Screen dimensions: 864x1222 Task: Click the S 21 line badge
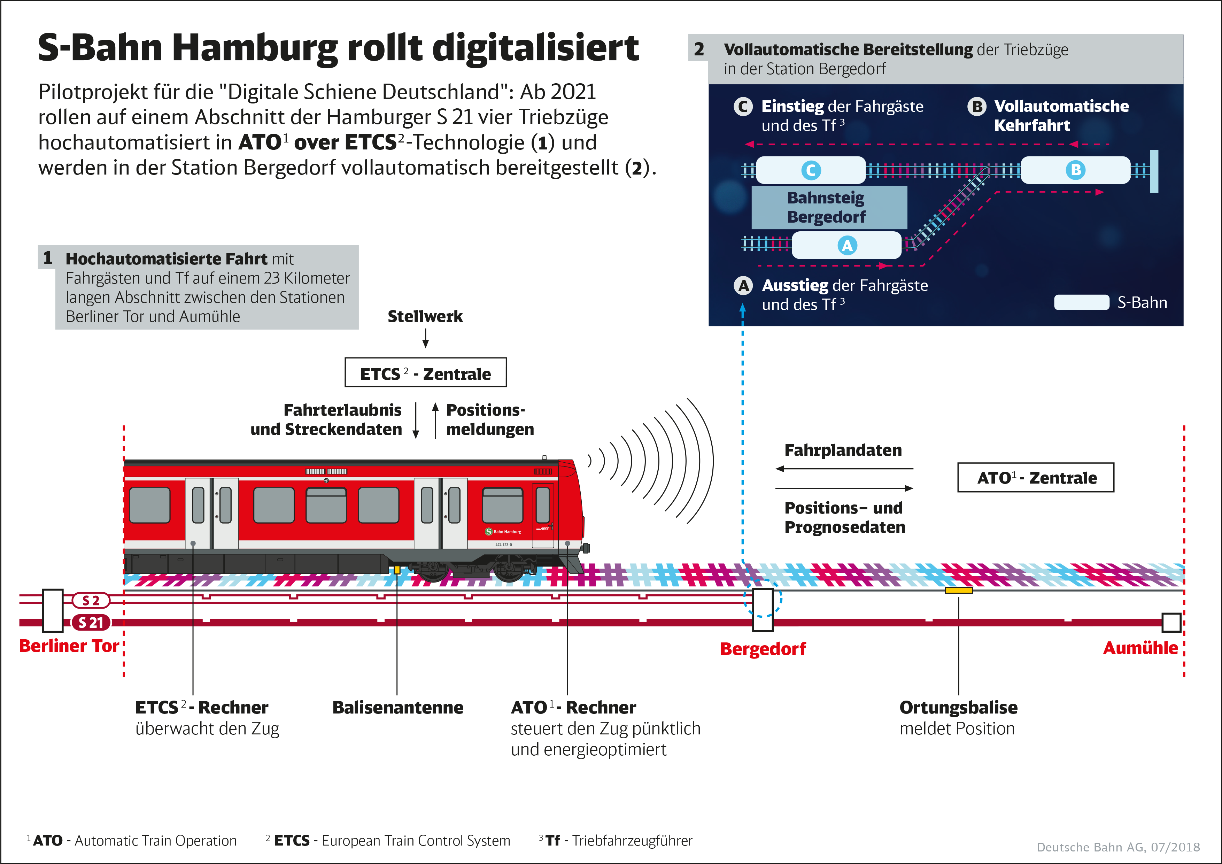(91, 622)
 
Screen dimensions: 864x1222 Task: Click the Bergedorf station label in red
(763, 649)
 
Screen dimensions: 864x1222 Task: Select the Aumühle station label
(1140, 648)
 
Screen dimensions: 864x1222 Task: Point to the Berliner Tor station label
(69, 646)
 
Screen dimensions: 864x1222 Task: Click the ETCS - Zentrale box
(425, 373)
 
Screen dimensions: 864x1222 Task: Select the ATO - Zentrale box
(1035, 478)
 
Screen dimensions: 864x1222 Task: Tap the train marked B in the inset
(1075, 170)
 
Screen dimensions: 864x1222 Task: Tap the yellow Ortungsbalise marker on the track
(959, 591)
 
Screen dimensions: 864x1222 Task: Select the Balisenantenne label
(397, 708)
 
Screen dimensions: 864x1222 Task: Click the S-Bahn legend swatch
(1082, 302)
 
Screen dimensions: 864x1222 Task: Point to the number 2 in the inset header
(698, 49)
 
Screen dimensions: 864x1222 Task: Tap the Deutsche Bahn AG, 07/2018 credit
(1118, 847)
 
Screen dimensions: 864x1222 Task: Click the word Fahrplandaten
(843, 450)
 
